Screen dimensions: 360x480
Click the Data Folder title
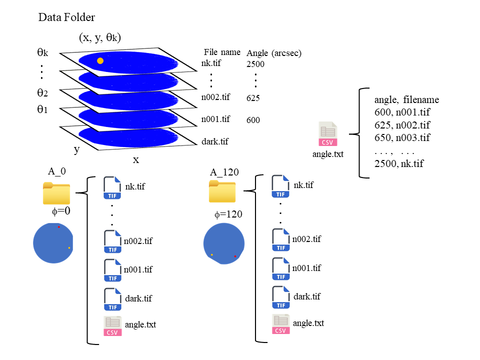(66, 18)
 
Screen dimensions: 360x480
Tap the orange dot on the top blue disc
(100, 61)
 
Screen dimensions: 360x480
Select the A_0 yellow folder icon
(56, 193)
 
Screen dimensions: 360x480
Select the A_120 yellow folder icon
(222, 191)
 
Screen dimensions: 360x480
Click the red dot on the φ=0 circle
(58, 226)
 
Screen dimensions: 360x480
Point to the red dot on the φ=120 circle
(235, 256)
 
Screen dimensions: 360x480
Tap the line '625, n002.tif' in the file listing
(402, 125)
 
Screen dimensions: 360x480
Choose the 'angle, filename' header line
(406, 99)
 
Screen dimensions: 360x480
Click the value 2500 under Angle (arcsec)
(255, 64)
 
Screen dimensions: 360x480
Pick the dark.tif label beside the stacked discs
(214, 141)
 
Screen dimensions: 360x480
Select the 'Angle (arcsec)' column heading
(274, 53)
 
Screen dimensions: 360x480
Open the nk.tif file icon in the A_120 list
(280, 186)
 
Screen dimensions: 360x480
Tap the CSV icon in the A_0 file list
(112, 326)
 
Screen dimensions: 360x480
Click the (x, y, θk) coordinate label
(100, 37)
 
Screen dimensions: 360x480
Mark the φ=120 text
(228, 214)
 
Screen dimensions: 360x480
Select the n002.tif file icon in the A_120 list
(281, 240)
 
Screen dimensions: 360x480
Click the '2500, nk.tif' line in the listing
(399, 163)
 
